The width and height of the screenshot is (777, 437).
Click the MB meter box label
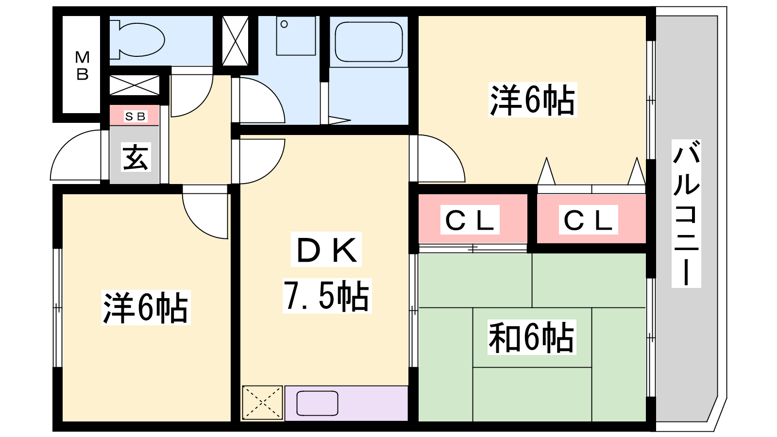pos(83,66)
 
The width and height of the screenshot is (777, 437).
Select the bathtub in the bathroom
pos(369,42)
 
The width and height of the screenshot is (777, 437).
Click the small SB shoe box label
pos(135,117)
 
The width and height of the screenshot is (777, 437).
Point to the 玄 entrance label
pos(135,157)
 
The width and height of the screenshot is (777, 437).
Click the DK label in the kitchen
pos(326,250)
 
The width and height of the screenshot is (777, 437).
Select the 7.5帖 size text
pos(327,296)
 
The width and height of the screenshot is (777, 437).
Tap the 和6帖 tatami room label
pos(532,337)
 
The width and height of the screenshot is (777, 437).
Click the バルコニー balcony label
pos(686,214)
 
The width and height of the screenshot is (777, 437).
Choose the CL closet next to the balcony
pos(588,219)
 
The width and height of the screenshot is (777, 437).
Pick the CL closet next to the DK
pos(470,219)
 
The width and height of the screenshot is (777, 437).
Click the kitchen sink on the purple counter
pos(318,403)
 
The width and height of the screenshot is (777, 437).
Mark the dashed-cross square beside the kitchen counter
pos(263,403)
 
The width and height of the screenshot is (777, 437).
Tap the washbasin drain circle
pos(284,24)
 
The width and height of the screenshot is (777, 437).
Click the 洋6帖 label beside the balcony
pos(533,100)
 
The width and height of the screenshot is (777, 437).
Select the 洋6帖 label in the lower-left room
pos(146,308)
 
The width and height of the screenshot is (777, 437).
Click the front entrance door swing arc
pos(76,155)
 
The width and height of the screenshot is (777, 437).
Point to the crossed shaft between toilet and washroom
pos(235,41)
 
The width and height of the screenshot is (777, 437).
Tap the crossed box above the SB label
pos(135,85)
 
